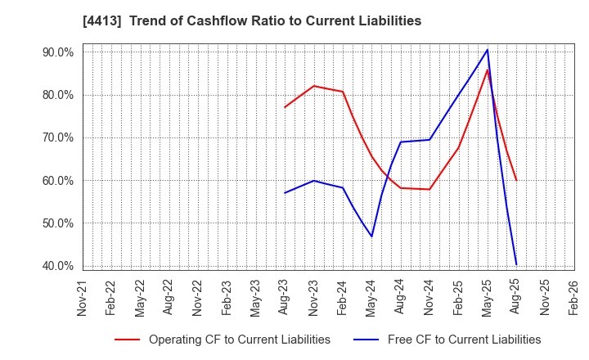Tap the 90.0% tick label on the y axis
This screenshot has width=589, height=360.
point(58,52)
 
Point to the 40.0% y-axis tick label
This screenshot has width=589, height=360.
point(58,266)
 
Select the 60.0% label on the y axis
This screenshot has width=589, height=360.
point(58,181)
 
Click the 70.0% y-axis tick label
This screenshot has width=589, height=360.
point(58,137)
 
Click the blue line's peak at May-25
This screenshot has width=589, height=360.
point(488,50)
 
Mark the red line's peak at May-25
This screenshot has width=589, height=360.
point(488,70)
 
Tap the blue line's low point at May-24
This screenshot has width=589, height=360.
point(371,236)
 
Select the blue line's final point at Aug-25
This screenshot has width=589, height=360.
point(516,263)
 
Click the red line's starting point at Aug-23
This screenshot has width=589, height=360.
point(285,107)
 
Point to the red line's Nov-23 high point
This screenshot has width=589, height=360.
point(313,86)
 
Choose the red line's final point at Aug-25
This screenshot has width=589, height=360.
point(516,180)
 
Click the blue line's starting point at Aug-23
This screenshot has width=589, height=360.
point(285,193)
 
